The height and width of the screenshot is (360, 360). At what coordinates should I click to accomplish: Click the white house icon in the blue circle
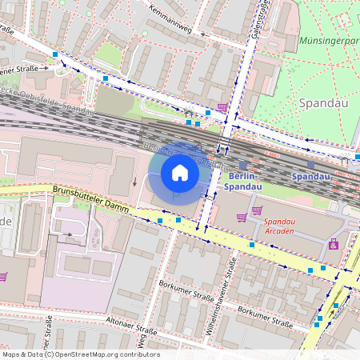pos(180,173)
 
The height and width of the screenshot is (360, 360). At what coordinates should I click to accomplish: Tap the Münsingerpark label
pos(328,39)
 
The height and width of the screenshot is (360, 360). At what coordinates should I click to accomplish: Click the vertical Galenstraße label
pos(258,20)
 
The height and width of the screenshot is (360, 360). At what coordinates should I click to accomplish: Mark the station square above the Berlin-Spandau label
pos(243,164)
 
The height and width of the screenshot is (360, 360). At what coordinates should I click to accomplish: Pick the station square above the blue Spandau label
pos(310,164)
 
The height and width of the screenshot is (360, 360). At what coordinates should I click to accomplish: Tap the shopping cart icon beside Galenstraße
pos(222,107)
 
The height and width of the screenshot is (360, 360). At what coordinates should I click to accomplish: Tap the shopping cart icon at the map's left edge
pos(3,276)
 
